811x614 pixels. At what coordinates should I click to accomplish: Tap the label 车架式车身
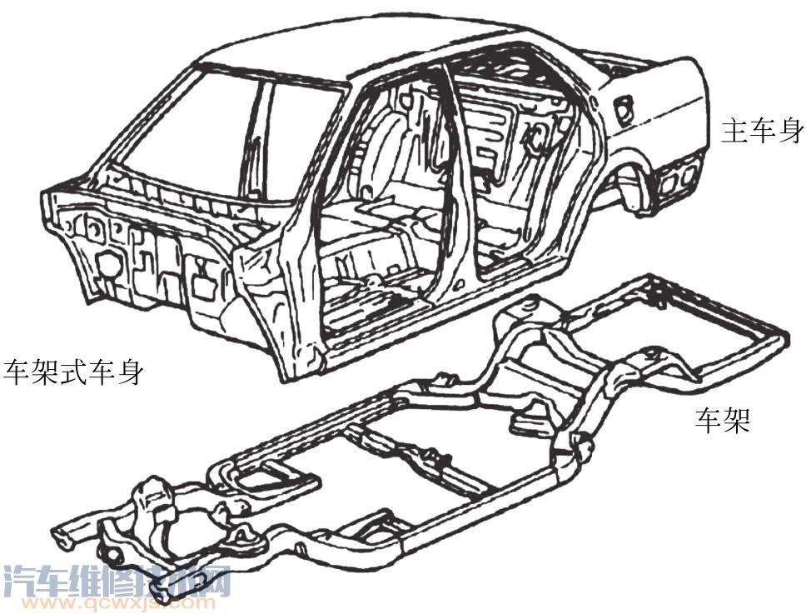click(x=72, y=372)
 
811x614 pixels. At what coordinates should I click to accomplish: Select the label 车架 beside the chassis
click(x=723, y=421)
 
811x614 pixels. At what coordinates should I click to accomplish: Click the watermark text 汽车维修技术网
click(x=117, y=581)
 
